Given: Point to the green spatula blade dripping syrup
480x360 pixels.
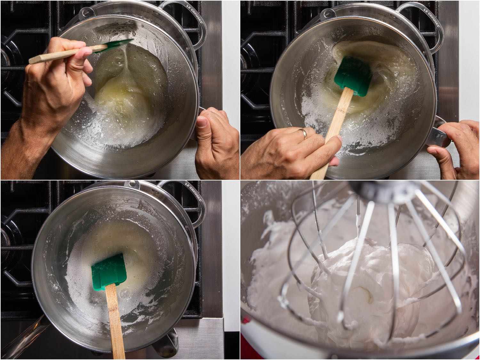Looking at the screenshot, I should click(x=120, y=44).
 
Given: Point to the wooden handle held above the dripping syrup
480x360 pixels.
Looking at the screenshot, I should click(x=64, y=54).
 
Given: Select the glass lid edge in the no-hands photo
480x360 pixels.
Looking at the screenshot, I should click(x=26, y=336).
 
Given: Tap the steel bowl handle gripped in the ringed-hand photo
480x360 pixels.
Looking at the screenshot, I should click(x=440, y=134).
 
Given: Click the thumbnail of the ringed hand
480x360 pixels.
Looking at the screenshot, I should click(x=337, y=139).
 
